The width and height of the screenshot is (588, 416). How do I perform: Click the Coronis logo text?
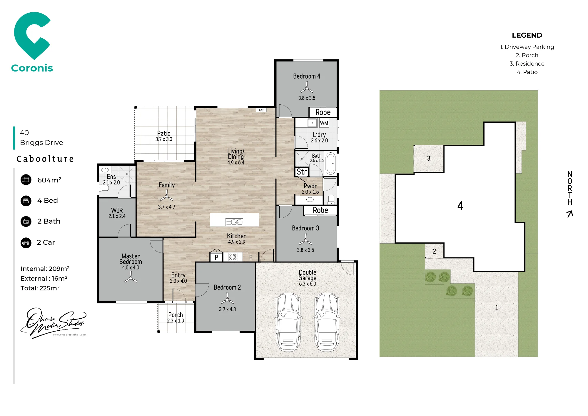pyautogui.click(x=32, y=68)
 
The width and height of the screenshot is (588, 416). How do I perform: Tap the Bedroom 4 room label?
pyautogui.click(x=307, y=76)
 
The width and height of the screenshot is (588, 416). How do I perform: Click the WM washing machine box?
pyautogui.click(x=324, y=123)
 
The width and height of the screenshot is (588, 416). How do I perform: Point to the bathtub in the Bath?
pyautogui.click(x=331, y=163)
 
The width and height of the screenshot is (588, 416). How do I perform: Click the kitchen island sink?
pyautogui.click(x=234, y=222)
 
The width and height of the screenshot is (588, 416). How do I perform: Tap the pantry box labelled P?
pyautogui.click(x=216, y=257)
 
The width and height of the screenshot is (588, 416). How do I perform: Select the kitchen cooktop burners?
pyautogui.click(x=233, y=257)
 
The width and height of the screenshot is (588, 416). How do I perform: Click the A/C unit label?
pyautogui.click(x=261, y=110)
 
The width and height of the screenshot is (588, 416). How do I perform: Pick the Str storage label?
pyautogui.click(x=302, y=172)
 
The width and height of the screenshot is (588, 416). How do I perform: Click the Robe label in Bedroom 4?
pyautogui.click(x=323, y=112)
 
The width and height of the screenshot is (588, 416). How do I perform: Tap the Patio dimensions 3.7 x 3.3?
pyautogui.click(x=164, y=139)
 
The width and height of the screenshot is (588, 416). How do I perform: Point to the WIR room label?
pyautogui.click(x=117, y=210)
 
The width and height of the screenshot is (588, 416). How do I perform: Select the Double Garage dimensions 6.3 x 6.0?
pyautogui.click(x=308, y=284)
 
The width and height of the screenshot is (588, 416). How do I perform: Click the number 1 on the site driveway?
pyautogui.click(x=497, y=308)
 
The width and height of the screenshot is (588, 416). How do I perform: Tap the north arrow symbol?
pyautogui.click(x=570, y=214)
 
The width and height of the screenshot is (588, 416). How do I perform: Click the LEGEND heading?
pyautogui.click(x=527, y=35)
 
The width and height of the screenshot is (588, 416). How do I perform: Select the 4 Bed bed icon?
pyautogui.click(x=26, y=201)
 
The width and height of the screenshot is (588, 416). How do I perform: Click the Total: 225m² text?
pyautogui.click(x=40, y=288)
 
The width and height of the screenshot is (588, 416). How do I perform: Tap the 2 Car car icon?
pyautogui.click(x=26, y=243)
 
